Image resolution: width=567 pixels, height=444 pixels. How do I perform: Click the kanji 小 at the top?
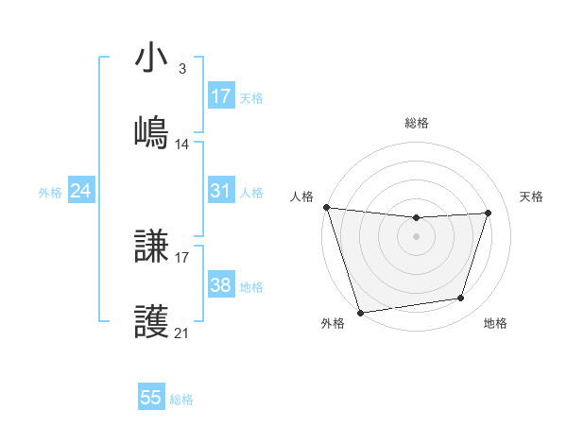152,60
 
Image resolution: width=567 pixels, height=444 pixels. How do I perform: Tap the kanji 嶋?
152,132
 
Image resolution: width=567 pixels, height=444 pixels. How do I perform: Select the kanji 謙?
152,248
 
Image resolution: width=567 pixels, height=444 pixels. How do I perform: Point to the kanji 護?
152,321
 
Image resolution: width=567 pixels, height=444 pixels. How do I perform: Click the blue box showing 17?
221,96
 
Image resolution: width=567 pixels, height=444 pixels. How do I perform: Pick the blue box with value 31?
221,192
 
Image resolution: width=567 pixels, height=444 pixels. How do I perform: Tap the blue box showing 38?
221,286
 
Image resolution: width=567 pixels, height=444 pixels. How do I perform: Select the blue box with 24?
81,192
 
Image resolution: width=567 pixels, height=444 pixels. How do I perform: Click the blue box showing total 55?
151,398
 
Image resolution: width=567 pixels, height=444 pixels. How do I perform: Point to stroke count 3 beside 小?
181,69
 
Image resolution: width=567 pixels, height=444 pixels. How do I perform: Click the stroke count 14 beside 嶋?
182,145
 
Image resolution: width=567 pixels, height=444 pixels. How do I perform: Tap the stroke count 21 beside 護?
182,333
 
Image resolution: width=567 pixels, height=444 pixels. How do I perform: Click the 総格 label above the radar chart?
417,123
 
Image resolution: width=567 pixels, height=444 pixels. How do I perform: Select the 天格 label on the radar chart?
532,196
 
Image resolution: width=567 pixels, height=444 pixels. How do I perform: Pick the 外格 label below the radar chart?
333,324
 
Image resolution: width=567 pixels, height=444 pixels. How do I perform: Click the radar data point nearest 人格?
326,207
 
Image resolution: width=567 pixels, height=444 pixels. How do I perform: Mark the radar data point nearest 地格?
461,299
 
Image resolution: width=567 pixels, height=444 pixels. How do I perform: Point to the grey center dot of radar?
416,236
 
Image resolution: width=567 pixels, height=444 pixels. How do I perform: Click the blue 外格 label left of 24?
50,193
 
